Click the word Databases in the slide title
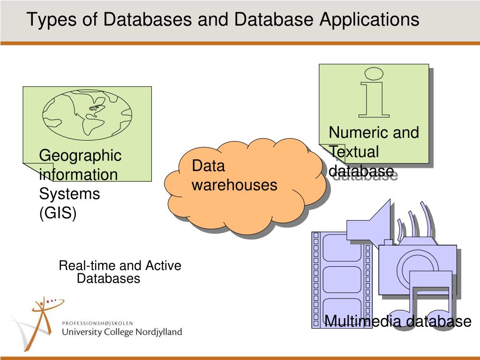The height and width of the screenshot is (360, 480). pos(147,19)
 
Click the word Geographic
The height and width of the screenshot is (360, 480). pos(80,156)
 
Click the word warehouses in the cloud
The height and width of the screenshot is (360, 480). pos(234,185)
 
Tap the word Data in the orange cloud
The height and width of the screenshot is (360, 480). pos(208,165)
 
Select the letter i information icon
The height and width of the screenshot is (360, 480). pos(374,92)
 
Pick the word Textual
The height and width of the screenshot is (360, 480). pos(354,152)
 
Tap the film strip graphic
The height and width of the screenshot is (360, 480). pos(342,280)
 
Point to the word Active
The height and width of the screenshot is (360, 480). pos(163,265)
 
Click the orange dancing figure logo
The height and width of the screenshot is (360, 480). pos(46,322)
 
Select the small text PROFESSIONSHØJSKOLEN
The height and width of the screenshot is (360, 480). pos(97,323)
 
